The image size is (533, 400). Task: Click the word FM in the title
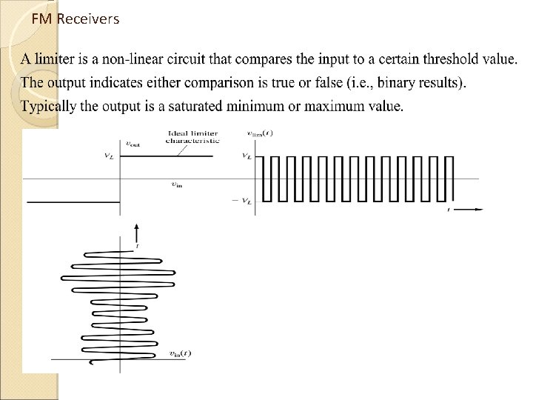tap(43, 19)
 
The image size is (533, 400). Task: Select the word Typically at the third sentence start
tap(49, 107)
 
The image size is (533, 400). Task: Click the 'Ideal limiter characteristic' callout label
tap(192, 137)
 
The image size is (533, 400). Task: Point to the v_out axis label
tap(133, 144)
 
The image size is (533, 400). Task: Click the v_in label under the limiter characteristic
tap(177, 185)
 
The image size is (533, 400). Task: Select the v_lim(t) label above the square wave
tap(259, 134)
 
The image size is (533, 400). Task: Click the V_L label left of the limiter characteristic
tap(110, 156)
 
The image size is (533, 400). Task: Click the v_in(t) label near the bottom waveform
tap(180, 353)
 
